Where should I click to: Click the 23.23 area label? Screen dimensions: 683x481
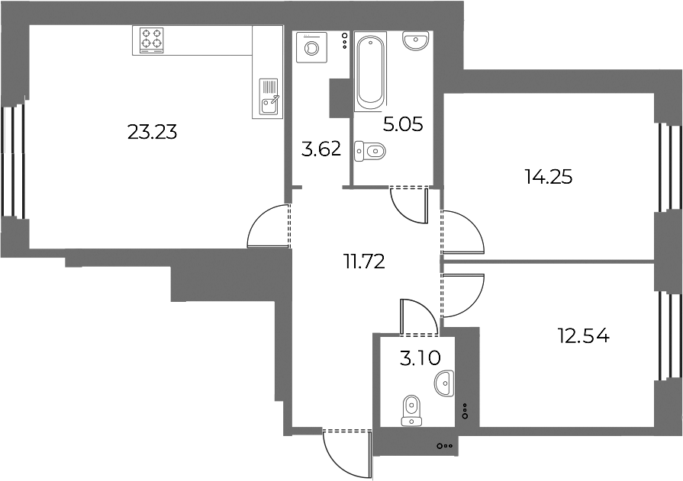click(x=153, y=132)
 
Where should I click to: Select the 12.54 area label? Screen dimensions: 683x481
click(x=584, y=336)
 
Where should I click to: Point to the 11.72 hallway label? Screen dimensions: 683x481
click(x=364, y=262)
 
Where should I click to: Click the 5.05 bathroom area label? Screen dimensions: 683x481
click(x=403, y=125)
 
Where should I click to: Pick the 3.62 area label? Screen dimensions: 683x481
click(x=321, y=149)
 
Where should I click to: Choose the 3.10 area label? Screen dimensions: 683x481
click(x=420, y=358)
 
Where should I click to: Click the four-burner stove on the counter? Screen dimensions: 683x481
click(x=152, y=40)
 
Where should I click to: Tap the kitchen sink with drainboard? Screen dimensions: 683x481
click(x=269, y=96)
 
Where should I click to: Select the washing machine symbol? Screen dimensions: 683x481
click(x=311, y=47)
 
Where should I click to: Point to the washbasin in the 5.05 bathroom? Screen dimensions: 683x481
click(x=416, y=41)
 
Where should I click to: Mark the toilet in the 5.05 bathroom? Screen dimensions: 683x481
click(x=369, y=152)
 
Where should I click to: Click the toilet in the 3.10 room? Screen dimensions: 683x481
click(x=411, y=409)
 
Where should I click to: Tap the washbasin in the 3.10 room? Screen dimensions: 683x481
click(x=445, y=383)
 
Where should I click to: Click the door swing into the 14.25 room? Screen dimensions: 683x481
click(x=463, y=232)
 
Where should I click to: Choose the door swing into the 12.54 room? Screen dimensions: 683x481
click(x=462, y=296)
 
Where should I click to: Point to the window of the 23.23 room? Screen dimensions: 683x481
click(x=12, y=160)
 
